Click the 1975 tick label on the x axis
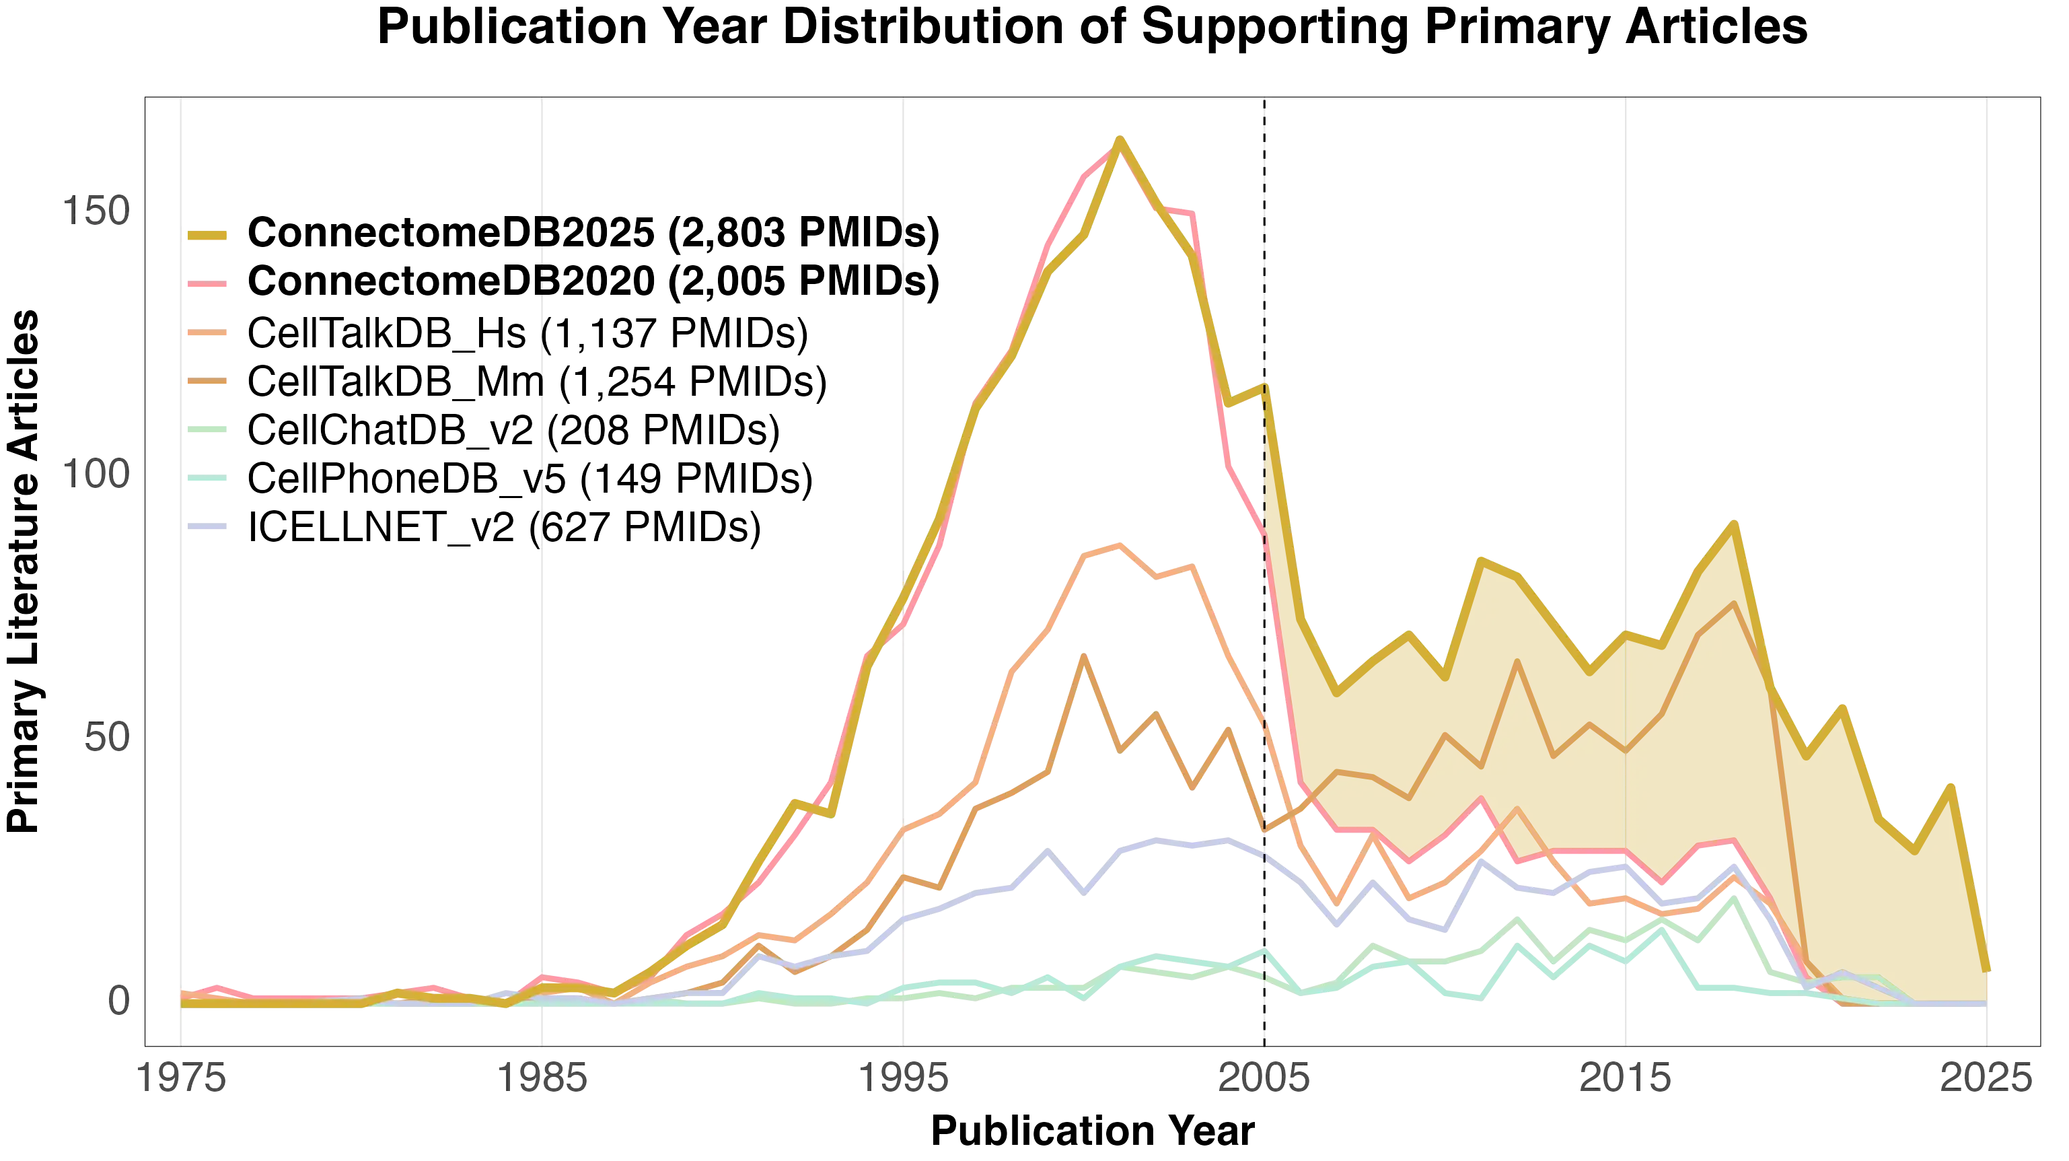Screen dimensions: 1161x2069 click(x=180, y=1078)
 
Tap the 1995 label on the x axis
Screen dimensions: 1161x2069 click(x=903, y=1078)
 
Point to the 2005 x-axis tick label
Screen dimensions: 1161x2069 click(x=1264, y=1078)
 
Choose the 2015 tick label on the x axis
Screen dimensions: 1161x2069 click(x=1626, y=1078)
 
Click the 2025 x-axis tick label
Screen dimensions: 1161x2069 click(x=1986, y=1078)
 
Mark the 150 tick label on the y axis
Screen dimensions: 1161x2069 click(x=95, y=213)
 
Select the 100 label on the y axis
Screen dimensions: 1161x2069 click(x=95, y=477)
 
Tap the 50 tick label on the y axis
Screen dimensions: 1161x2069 click(x=105, y=740)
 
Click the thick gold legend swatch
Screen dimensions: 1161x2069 click(x=208, y=236)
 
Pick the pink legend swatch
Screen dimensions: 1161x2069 click(x=208, y=285)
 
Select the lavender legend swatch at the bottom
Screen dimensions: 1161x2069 click(x=208, y=528)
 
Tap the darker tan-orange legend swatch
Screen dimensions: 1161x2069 click(x=208, y=382)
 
